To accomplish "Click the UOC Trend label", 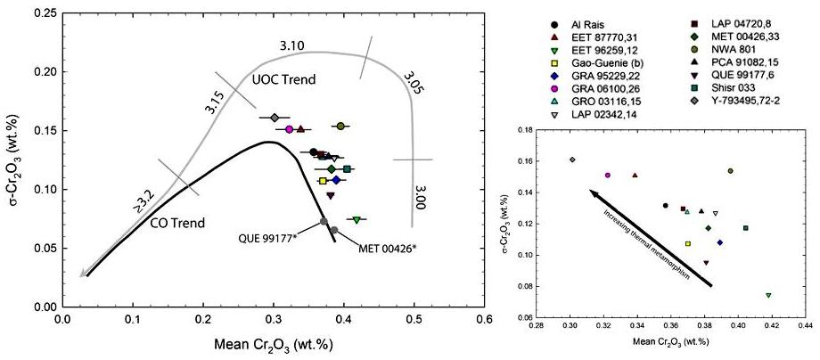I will coord(287,79).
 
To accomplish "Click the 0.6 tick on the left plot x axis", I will coord(483,316).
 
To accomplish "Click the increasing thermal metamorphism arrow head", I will coord(590,191).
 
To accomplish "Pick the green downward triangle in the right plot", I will coord(768,295).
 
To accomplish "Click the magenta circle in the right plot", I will coord(607,176).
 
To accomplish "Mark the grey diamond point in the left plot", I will coord(275,118).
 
